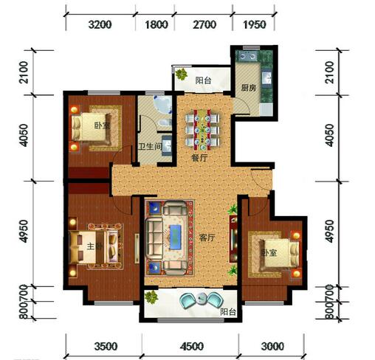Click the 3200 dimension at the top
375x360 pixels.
[x=100, y=24]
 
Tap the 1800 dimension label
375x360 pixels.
[x=156, y=24]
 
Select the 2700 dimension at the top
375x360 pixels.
[x=204, y=24]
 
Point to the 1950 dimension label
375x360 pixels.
[x=255, y=24]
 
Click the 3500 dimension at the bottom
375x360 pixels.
[x=106, y=347]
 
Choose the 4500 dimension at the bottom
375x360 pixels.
[x=192, y=347]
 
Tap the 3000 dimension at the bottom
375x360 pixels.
[x=272, y=347]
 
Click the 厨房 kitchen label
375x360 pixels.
[x=248, y=88]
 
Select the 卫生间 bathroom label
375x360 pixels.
[x=150, y=147]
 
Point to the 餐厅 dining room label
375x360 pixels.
[x=199, y=158]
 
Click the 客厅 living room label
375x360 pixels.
[x=207, y=238]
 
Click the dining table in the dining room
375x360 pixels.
[x=202, y=130]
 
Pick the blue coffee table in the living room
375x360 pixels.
[x=175, y=237]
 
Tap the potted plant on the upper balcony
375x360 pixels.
[x=182, y=74]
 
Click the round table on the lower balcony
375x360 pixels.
[x=202, y=298]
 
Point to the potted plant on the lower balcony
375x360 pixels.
[x=151, y=297]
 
